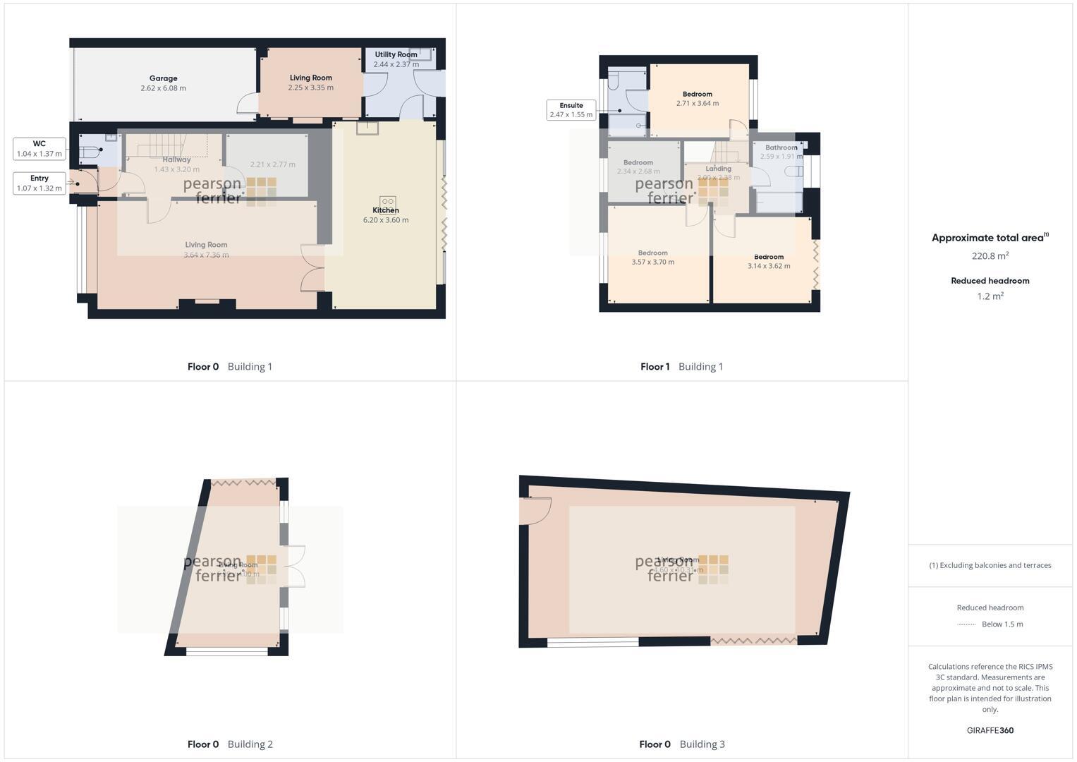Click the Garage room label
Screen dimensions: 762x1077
[163, 78]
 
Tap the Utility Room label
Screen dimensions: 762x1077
[396, 54]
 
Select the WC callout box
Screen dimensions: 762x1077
[39, 148]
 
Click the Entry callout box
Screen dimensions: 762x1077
[39, 183]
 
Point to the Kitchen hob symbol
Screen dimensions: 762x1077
[387, 202]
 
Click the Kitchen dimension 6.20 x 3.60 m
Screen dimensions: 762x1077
[386, 220]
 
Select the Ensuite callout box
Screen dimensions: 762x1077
[571, 109]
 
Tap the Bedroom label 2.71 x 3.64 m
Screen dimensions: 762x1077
[698, 94]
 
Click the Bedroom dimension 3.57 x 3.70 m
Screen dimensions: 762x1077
[652, 262]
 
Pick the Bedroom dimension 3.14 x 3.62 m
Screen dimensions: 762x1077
[769, 266]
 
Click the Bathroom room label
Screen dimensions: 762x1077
[781, 147]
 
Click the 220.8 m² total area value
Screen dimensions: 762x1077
[990, 256]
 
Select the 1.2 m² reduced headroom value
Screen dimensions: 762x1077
[990, 296]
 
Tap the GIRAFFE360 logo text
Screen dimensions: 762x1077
[990, 730]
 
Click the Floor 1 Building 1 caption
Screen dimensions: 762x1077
[681, 366]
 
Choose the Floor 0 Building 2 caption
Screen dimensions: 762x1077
[230, 744]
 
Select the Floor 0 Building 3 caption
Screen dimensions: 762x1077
[681, 744]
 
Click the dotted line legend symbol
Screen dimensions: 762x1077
[966, 624]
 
